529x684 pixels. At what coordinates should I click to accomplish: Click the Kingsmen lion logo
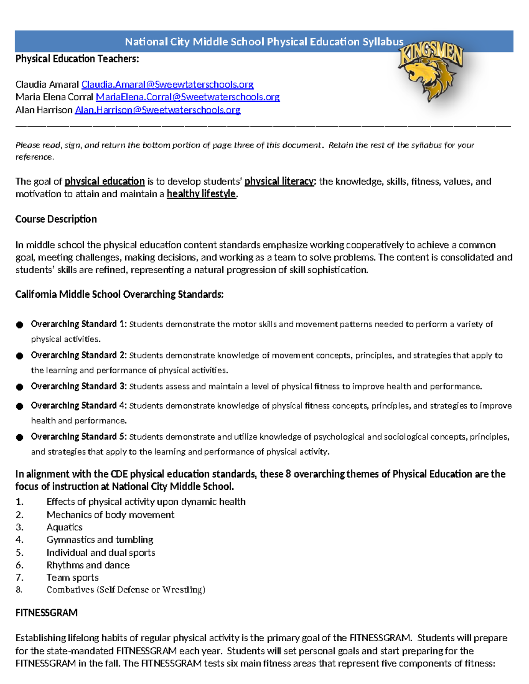point(431,72)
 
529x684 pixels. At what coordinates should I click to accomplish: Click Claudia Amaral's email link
point(167,84)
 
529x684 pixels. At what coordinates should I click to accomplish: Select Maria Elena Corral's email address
point(187,97)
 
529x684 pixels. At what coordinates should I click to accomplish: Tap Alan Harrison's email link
point(157,110)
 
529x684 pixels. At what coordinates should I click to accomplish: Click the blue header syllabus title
point(264,42)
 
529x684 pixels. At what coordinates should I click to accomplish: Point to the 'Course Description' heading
point(56,219)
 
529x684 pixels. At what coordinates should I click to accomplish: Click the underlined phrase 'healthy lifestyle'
point(201,194)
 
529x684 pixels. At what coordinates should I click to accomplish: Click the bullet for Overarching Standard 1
point(19,325)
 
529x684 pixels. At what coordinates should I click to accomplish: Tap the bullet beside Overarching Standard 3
point(19,387)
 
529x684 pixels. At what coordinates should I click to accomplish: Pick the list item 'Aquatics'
point(64,527)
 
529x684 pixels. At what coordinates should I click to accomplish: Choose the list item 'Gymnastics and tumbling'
point(100,540)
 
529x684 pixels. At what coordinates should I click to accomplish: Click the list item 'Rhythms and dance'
point(88,565)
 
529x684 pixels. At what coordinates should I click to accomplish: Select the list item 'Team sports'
point(72,577)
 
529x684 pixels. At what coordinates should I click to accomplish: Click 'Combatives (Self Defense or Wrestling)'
point(126,590)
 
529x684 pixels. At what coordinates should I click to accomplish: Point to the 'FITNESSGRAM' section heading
point(46,613)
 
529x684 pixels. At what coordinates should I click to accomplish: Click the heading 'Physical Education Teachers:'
point(77,59)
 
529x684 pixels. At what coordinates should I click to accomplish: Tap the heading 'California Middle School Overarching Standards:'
point(119,294)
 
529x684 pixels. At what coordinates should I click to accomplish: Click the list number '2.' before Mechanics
point(19,514)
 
